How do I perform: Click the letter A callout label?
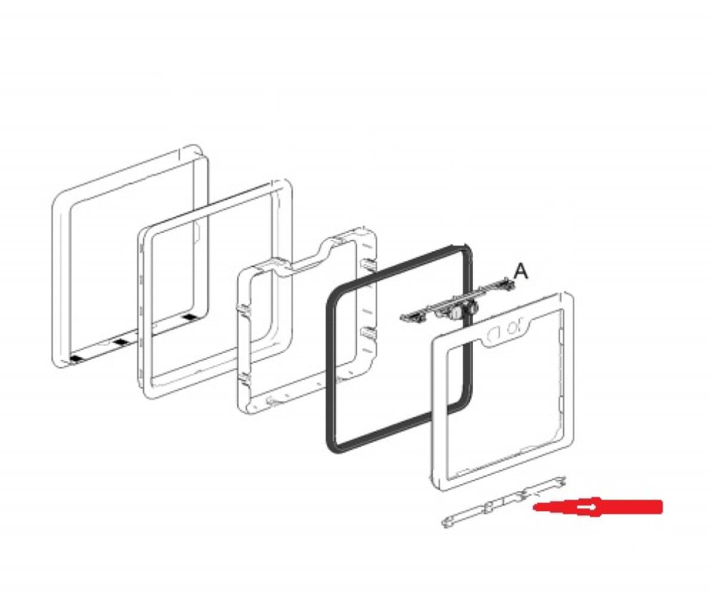pyautogui.click(x=521, y=271)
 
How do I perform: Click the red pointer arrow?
pyautogui.click(x=598, y=507)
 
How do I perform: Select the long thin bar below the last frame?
pyautogui.click(x=503, y=501)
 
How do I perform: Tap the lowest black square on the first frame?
pyautogui.click(x=76, y=358)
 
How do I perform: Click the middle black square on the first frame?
pyautogui.click(x=121, y=342)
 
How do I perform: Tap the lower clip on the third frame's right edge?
pyautogui.click(x=368, y=335)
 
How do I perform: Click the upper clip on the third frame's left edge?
pyautogui.click(x=243, y=310)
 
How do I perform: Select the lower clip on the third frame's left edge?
pyautogui.click(x=244, y=377)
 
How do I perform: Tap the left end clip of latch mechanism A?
pyautogui.click(x=407, y=318)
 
